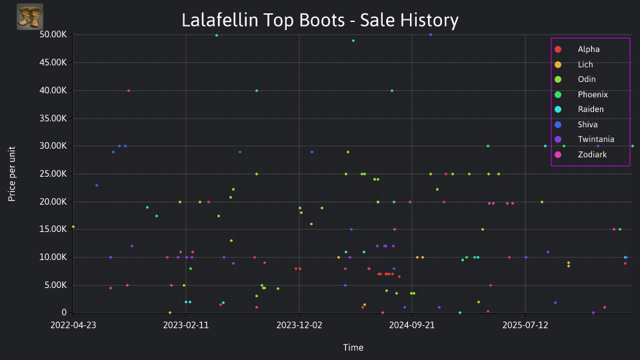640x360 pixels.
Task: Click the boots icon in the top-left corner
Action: (30, 17)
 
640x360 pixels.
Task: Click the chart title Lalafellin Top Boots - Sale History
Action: (320, 20)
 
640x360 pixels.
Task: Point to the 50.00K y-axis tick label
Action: (53, 35)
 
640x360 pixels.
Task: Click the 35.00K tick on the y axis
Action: (53, 119)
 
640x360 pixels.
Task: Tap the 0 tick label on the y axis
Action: (64, 313)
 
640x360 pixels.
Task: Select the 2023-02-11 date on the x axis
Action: (186, 325)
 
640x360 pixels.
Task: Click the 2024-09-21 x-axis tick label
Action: (412, 325)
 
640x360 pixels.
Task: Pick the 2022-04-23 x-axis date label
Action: (73, 325)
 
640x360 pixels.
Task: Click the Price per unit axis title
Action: (12, 174)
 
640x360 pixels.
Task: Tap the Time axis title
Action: (353, 347)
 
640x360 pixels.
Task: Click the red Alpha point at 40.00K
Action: (129, 91)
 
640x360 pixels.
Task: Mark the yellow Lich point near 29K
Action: (348, 152)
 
